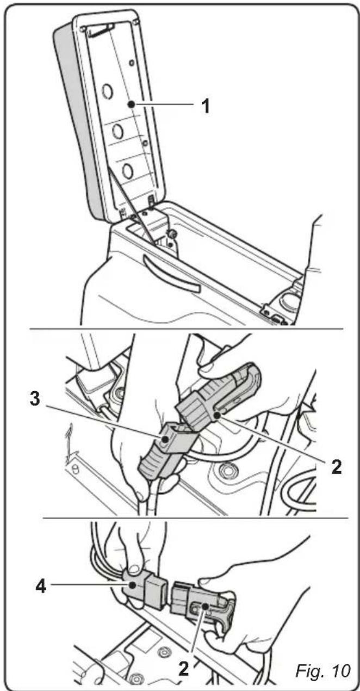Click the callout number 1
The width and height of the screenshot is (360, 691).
click(206, 105)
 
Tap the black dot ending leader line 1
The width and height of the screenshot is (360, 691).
click(131, 103)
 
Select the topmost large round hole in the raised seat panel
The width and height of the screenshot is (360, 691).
click(108, 91)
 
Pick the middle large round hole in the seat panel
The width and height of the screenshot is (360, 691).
click(117, 132)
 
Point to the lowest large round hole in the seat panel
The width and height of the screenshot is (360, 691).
click(127, 170)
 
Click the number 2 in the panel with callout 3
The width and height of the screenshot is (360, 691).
click(337, 466)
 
